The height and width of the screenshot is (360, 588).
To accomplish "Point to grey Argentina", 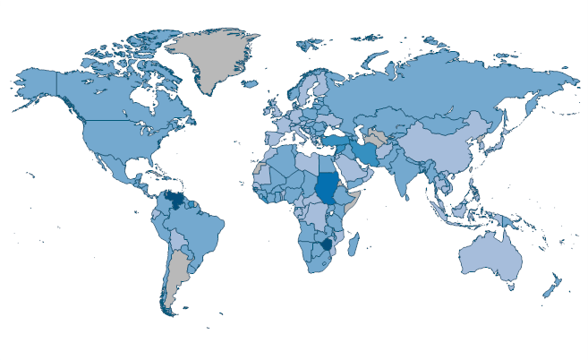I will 180,269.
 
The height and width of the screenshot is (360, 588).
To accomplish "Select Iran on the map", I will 370,153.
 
